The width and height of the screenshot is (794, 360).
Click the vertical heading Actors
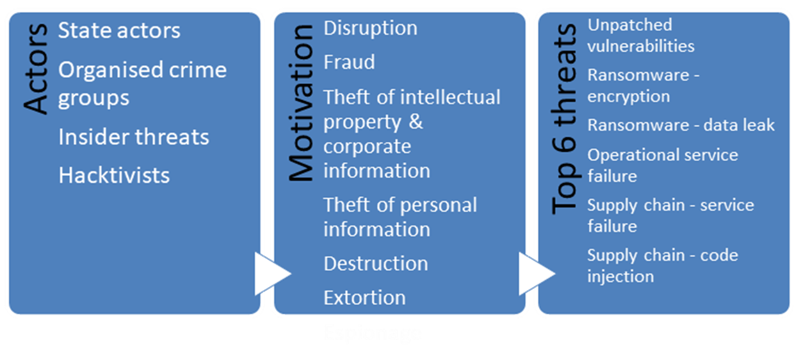click(x=37, y=69)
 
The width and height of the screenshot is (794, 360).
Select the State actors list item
click(x=119, y=31)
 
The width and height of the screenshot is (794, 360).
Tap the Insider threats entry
click(x=133, y=137)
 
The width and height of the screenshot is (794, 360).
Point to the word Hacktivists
click(x=114, y=176)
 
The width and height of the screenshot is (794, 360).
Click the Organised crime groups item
click(x=142, y=84)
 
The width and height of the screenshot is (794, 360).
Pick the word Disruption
click(x=370, y=28)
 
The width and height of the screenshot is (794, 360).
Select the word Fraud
click(x=349, y=63)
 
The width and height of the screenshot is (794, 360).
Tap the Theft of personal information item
click(x=400, y=217)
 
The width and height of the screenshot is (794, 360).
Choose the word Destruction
click(x=375, y=264)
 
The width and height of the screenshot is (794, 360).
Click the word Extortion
click(x=364, y=298)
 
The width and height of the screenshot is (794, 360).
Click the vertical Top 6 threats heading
click(x=565, y=119)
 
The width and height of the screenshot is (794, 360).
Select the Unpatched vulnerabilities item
click(x=640, y=35)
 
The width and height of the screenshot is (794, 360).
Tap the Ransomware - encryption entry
click(x=643, y=85)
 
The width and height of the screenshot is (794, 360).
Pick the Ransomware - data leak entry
click(x=681, y=125)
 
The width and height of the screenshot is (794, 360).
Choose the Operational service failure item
click(x=662, y=165)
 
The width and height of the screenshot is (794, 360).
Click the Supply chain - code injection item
click(x=662, y=266)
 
